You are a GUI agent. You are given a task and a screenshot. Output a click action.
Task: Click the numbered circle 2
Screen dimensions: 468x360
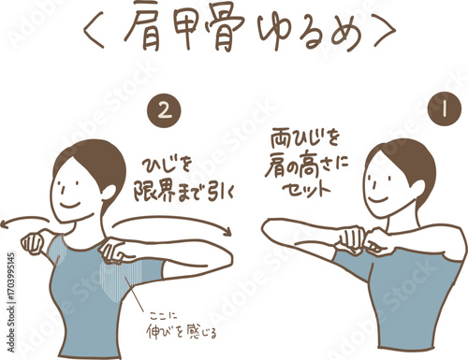point(165,111)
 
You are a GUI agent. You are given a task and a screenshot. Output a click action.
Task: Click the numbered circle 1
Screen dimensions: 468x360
point(445,110)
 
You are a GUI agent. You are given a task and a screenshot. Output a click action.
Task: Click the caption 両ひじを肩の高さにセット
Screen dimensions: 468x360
point(306,165)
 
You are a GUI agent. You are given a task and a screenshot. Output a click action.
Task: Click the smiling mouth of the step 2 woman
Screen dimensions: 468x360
point(70,204)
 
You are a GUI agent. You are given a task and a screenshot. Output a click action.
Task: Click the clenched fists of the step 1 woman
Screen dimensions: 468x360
point(363,240)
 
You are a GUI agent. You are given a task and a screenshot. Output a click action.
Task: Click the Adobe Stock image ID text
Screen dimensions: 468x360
point(11,302)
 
